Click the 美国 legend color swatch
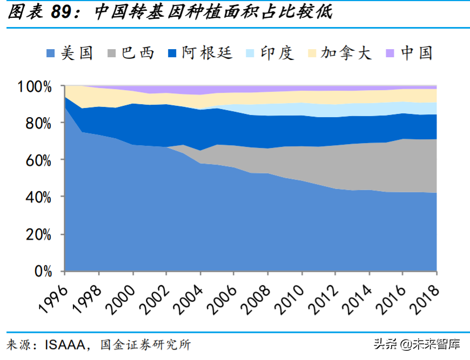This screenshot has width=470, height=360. point(50,53)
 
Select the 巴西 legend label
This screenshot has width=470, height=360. point(138,53)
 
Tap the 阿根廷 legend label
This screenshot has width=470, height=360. point(207,53)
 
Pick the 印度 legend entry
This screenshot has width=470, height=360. point(277,53)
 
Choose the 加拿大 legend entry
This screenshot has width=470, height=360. point(346,53)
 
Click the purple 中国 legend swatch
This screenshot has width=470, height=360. point(390,53)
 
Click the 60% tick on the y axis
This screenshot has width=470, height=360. point(37,160)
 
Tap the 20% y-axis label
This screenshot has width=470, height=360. point(37,234)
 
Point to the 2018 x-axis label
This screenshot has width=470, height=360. point(424,296)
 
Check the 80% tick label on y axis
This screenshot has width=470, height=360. point(37,123)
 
